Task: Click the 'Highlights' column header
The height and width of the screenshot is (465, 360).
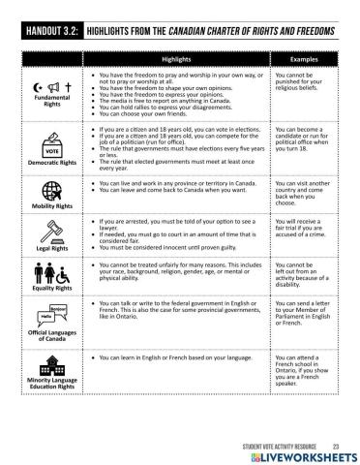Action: (x=175, y=58)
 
